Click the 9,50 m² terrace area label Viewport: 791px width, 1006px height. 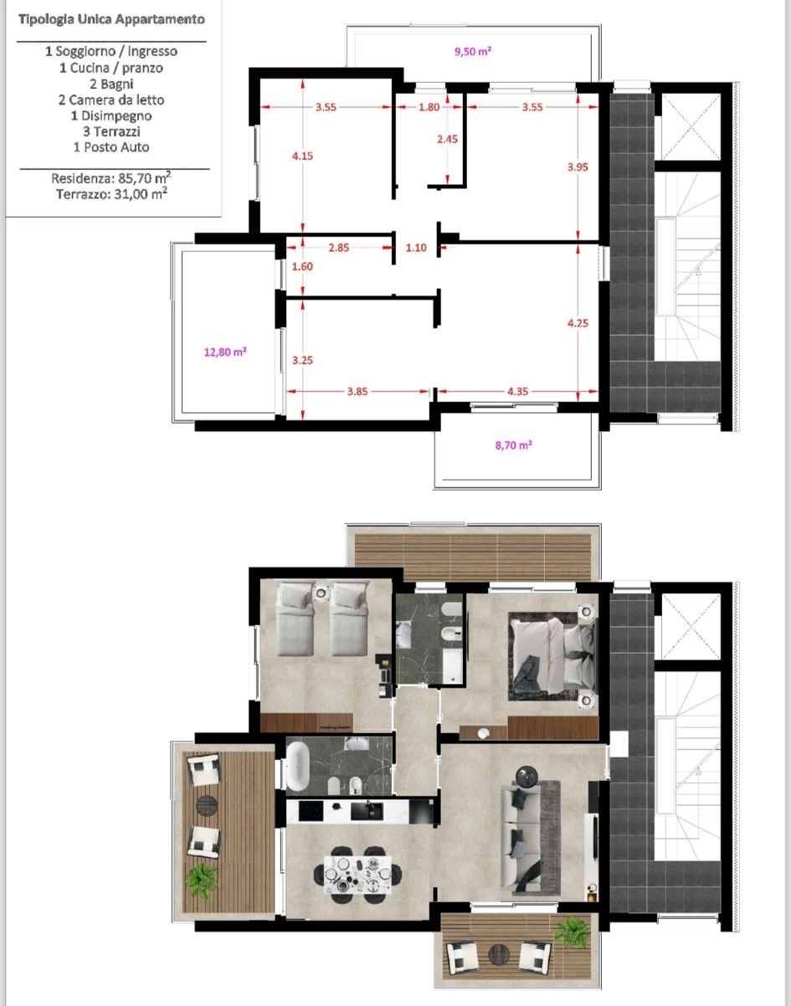pyautogui.click(x=473, y=51)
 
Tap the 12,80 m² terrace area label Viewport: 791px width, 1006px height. pyautogui.click(x=225, y=352)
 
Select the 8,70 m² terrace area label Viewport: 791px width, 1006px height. pyautogui.click(x=513, y=445)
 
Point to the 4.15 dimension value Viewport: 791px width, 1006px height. pyautogui.click(x=302, y=157)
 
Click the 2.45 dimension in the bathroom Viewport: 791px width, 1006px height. pyautogui.click(x=447, y=139)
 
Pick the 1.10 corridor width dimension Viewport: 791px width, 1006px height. pyautogui.click(x=416, y=248)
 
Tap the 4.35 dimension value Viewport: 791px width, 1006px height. pyautogui.click(x=517, y=392)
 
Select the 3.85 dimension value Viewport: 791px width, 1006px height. pyautogui.click(x=357, y=392)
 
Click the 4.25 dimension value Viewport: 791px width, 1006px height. pyautogui.click(x=578, y=323)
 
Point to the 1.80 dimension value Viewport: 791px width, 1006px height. pyautogui.click(x=429, y=107)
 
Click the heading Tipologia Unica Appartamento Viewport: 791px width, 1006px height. pyautogui.click(x=111, y=19)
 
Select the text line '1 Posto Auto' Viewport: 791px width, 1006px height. pyautogui.click(x=111, y=147)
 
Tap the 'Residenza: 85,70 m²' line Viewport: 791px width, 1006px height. pyautogui.click(x=111, y=178)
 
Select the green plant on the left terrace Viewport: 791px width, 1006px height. pyautogui.click(x=202, y=880)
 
